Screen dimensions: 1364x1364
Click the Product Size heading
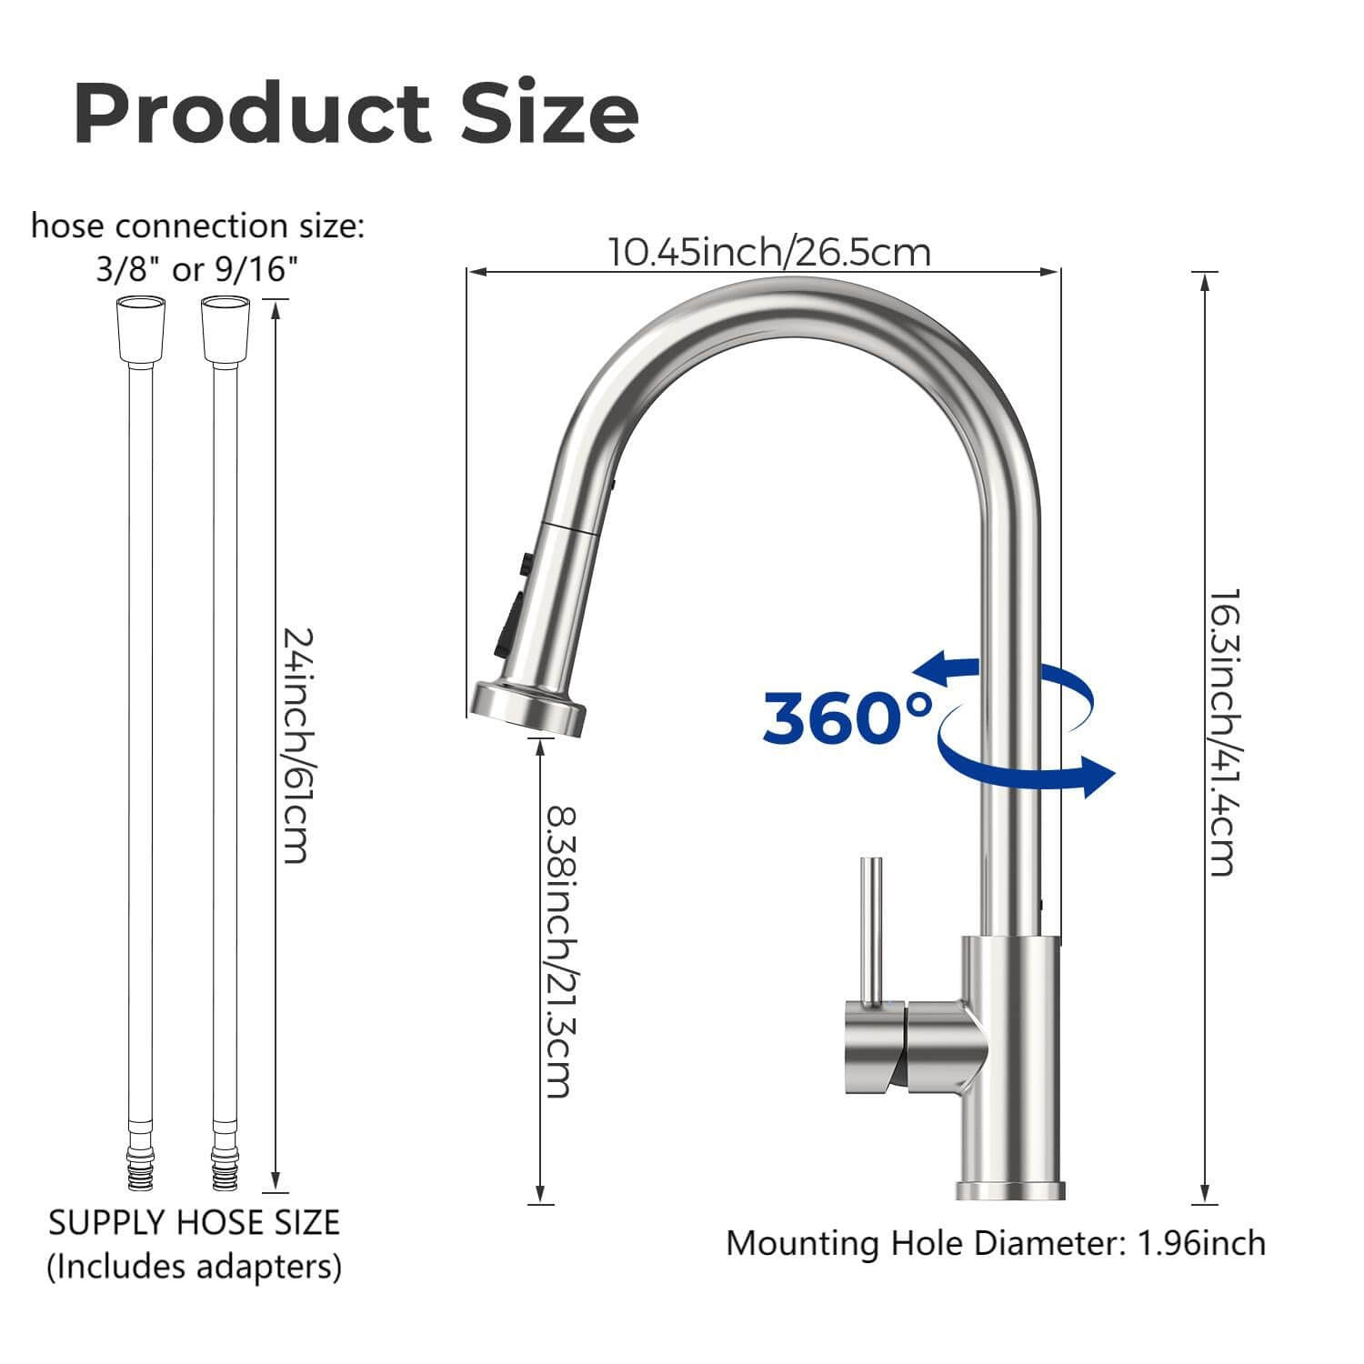[356, 114]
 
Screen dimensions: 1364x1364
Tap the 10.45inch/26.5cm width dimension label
[768, 252]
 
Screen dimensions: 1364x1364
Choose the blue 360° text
[847, 716]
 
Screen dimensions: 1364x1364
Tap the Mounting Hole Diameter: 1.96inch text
[995, 1242]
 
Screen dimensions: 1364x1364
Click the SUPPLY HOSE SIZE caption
[194, 1222]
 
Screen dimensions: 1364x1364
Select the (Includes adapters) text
[194, 1265]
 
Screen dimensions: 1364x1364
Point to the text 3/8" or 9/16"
[197, 269]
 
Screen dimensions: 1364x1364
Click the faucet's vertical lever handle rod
[871, 928]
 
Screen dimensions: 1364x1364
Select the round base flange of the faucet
[1010, 1189]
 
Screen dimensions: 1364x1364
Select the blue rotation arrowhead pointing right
[1098, 777]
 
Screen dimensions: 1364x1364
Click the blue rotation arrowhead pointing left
[932, 670]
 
